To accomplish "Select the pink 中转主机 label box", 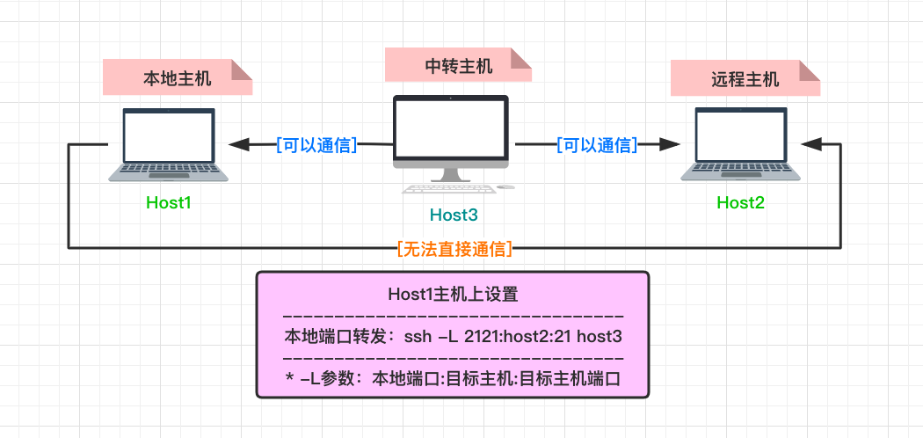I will coord(458,66).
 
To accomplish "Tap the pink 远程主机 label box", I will coord(745,79).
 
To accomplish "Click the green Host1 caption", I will coord(169,203).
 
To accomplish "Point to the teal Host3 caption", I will coord(453,214).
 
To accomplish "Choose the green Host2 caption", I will coord(740,203).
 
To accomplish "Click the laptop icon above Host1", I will coord(169,145).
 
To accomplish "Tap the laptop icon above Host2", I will coord(740,145).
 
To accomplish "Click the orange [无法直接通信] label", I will coord(454,249).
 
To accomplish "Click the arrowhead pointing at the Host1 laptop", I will coord(237,144).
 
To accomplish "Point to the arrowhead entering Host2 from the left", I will coord(673,144).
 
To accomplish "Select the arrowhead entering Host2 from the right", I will coord(809,144).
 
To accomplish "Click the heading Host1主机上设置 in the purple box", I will coord(453,295).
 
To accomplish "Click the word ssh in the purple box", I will coord(417,337).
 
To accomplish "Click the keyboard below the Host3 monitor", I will coord(447,187).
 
